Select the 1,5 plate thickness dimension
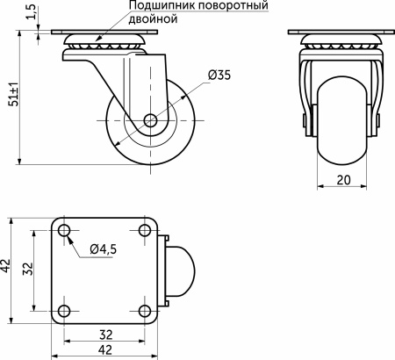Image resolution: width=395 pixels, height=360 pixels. (32, 16)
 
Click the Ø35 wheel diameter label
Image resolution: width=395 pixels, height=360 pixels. (220, 76)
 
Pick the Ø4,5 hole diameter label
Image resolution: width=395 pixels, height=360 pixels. (104, 249)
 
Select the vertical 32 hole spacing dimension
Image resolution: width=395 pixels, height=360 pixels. (26, 269)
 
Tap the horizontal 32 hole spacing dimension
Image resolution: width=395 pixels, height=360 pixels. (104, 335)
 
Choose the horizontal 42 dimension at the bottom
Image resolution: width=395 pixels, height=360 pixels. (104, 350)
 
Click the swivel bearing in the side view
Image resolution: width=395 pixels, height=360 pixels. (104, 47)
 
